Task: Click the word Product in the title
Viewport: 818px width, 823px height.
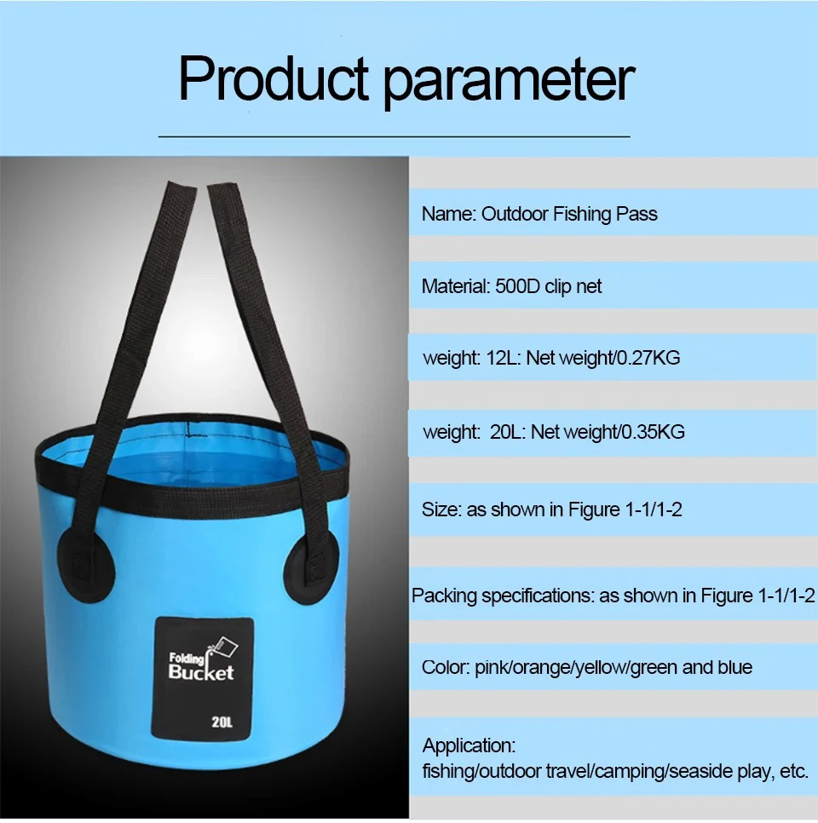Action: (274, 78)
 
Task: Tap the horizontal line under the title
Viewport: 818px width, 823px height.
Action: (394, 136)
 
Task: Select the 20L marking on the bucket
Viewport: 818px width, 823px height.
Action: (222, 722)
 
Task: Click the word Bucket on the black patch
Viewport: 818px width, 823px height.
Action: (201, 672)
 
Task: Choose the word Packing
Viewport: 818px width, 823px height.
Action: (444, 596)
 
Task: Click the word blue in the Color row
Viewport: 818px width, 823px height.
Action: (735, 667)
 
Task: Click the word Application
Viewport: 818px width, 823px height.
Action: (469, 745)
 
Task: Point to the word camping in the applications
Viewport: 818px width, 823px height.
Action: (630, 772)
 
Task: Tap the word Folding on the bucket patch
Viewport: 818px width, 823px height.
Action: (187, 659)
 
